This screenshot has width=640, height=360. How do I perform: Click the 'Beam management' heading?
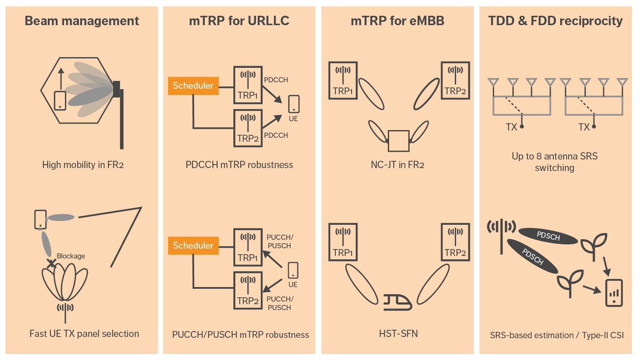click(x=82, y=21)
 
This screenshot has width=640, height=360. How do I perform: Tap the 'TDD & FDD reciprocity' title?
click(x=555, y=21)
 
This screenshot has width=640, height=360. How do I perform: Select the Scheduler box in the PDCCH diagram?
click(x=193, y=86)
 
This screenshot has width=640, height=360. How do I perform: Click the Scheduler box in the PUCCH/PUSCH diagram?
click(x=193, y=246)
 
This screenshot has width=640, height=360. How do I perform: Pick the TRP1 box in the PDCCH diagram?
click(x=248, y=85)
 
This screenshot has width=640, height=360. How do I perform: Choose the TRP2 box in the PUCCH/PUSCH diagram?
click(x=248, y=290)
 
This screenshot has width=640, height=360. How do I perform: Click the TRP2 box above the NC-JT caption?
click(x=455, y=81)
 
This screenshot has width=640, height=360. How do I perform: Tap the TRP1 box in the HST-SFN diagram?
click(x=343, y=242)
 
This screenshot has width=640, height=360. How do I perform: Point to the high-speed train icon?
click(x=397, y=302)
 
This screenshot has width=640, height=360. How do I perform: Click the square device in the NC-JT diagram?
click(x=399, y=141)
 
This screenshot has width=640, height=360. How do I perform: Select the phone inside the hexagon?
click(x=60, y=101)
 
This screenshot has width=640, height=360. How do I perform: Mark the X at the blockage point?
click(x=51, y=264)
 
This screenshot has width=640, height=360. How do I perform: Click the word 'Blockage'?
click(x=71, y=256)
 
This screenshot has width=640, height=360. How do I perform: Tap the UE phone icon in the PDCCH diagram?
click(x=294, y=104)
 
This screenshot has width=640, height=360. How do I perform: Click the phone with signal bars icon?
click(x=614, y=293)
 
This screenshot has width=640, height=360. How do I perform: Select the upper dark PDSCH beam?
click(x=548, y=236)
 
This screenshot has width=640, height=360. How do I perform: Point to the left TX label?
click(x=511, y=127)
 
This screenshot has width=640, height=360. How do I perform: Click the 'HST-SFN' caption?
click(x=398, y=334)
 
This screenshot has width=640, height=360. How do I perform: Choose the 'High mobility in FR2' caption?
click(x=83, y=165)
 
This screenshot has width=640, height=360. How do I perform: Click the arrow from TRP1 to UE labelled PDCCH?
click(x=272, y=94)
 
